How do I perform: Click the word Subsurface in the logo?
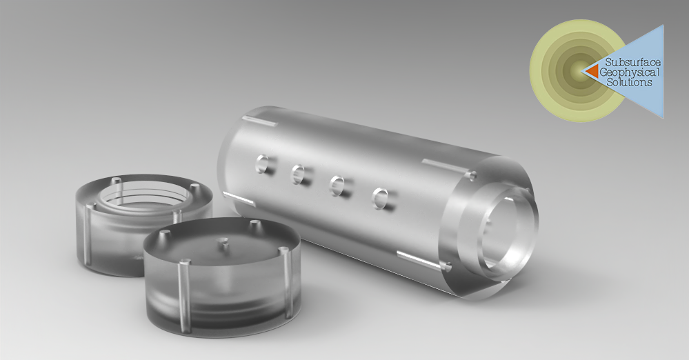click(632, 63)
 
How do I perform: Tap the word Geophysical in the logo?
click(630, 72)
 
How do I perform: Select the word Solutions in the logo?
click(629, 82)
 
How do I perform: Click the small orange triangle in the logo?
click(592, 71)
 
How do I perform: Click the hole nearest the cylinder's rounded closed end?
click(263, 163)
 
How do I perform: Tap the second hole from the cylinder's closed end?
click(299, 174)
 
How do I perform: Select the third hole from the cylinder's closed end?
click(337, 186)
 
